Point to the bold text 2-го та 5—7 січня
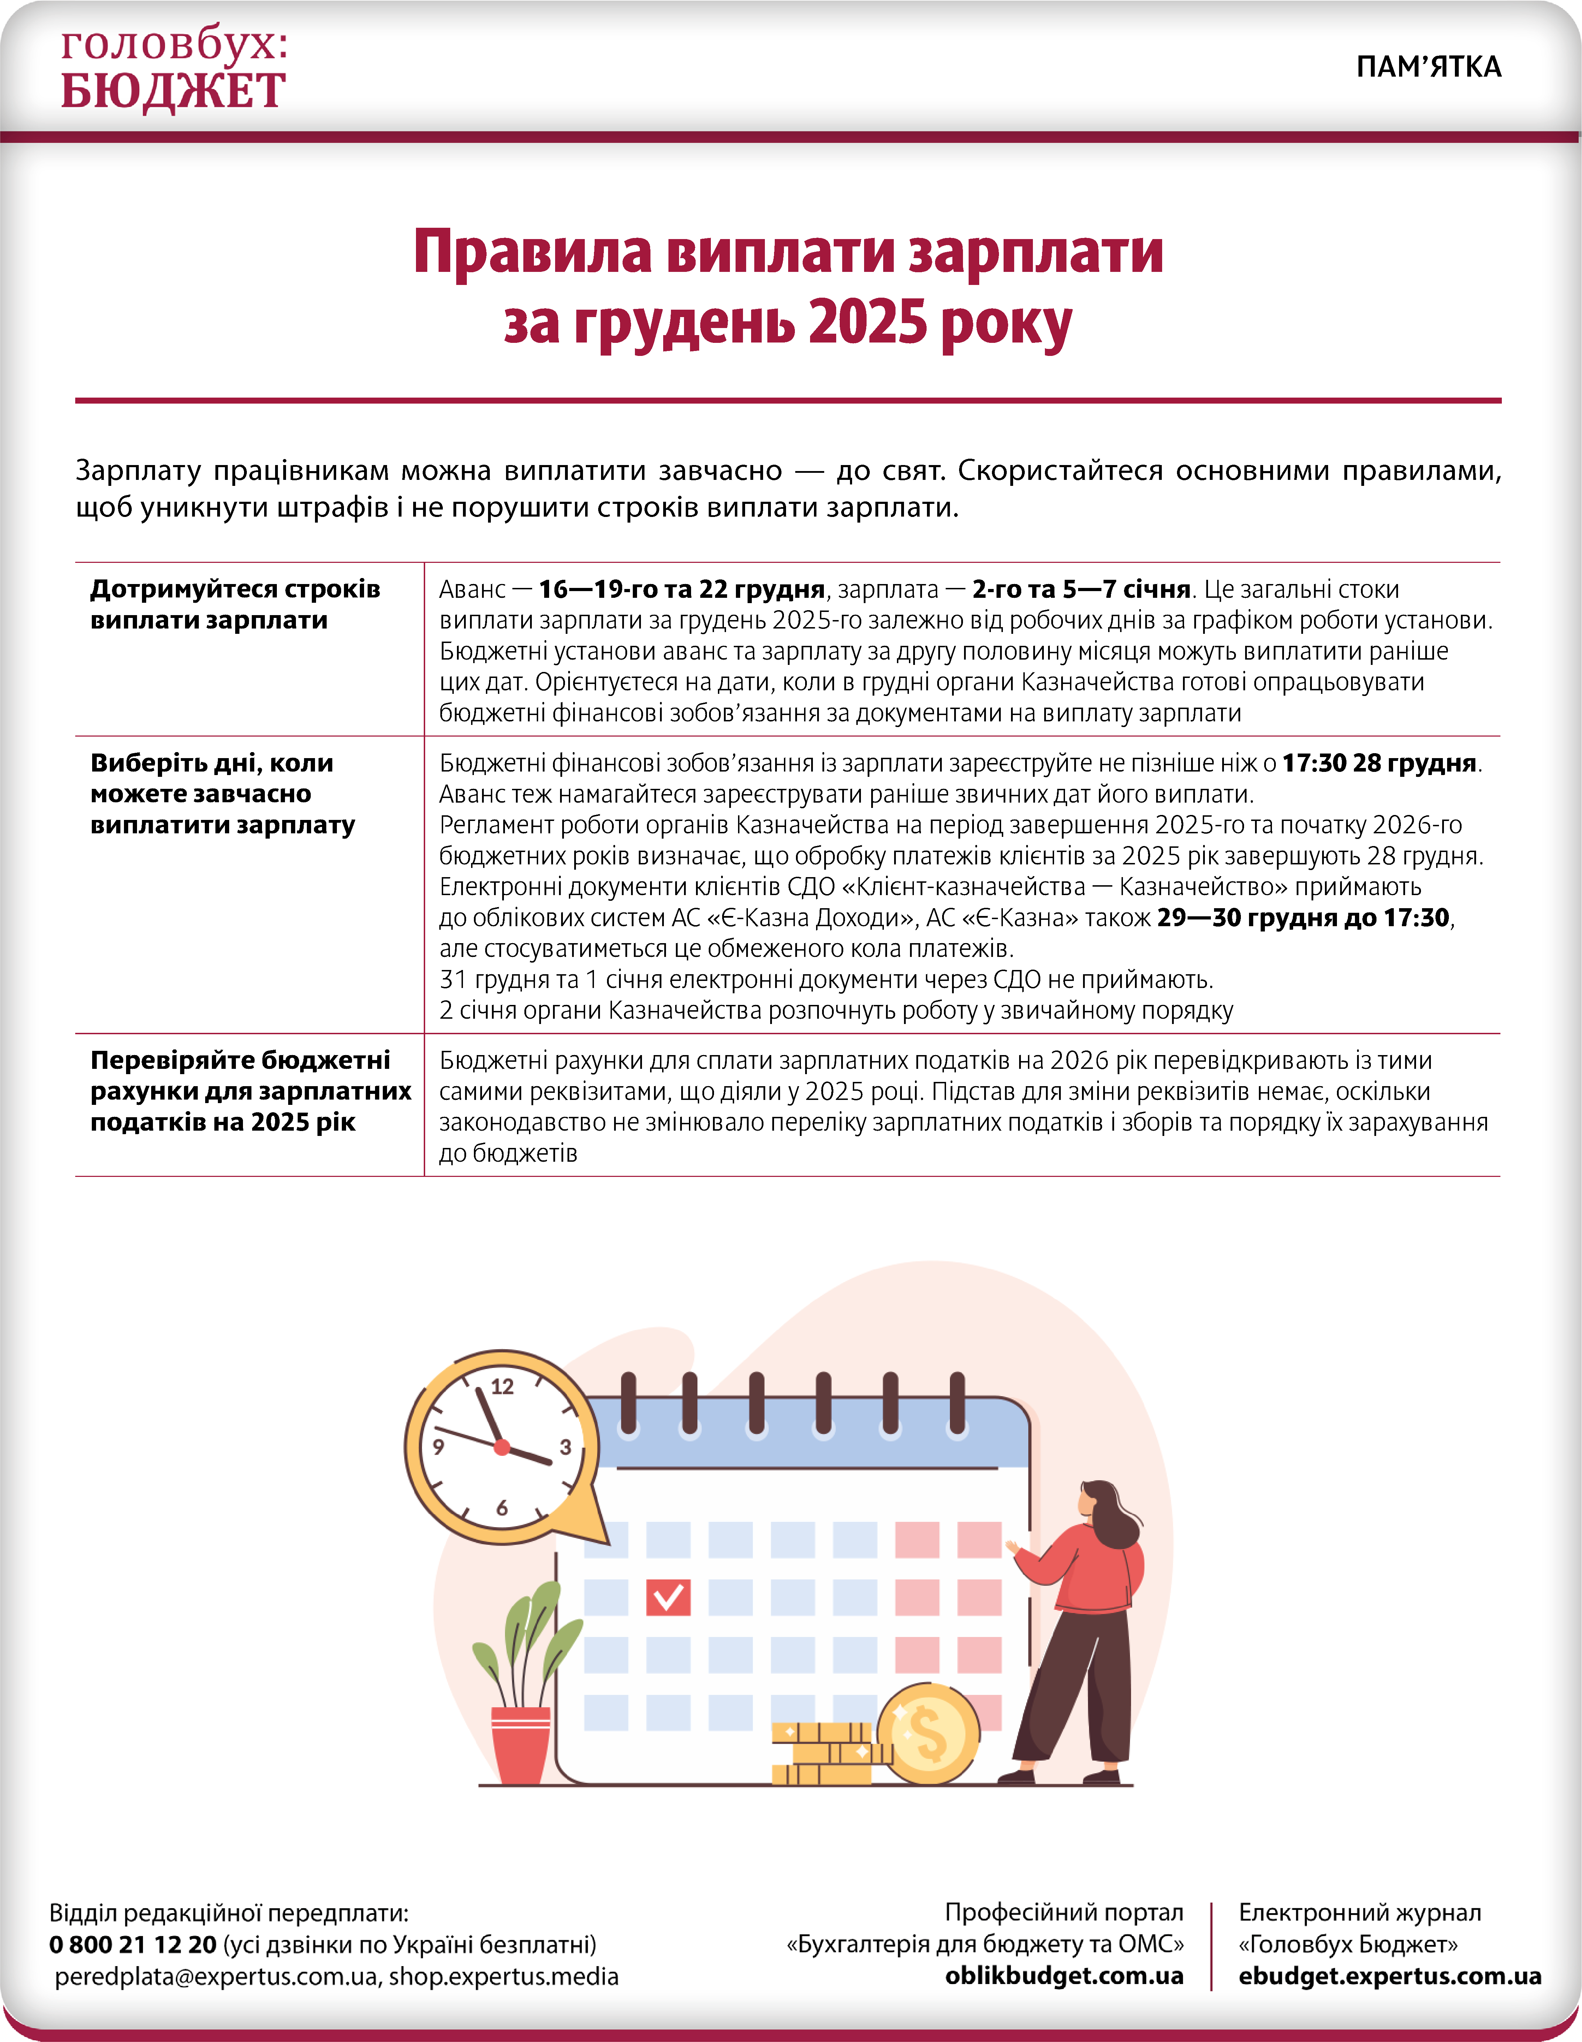coord(1081,589)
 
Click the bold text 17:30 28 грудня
coord(1378,763)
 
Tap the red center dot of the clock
coord(502,1447)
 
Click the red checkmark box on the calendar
coord(667,1597)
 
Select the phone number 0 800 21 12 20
coord(133,1945)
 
